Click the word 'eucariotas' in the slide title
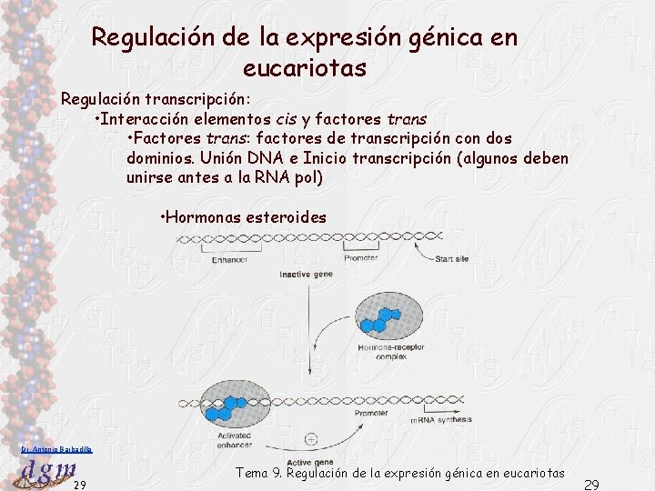tap(305, 68)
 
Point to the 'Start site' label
tap(452, 259)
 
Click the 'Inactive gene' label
tap(306, 274)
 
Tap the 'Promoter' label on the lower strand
tap(370, 414)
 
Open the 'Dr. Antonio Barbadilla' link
tap(55, 449)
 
